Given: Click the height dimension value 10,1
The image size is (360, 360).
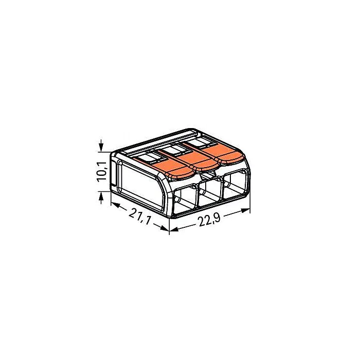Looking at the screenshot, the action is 101,171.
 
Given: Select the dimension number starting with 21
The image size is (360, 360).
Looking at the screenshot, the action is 139,217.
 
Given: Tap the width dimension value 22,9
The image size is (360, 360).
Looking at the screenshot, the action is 209,220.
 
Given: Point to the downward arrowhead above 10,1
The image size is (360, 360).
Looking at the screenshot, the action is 101,148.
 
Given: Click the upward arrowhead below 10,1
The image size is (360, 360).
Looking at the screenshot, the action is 101,195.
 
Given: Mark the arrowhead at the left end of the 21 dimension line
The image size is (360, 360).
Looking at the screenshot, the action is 116,205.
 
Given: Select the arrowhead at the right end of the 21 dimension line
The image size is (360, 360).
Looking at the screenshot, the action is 165,228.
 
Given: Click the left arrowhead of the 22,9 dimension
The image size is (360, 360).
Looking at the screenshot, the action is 174,229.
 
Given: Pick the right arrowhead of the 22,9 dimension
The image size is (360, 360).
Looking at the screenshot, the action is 245,210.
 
